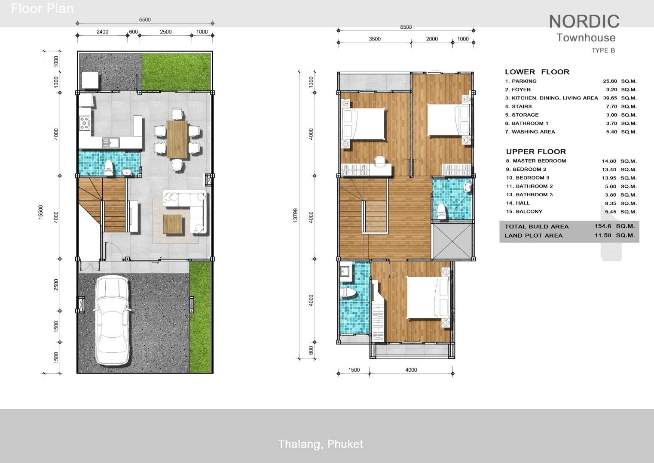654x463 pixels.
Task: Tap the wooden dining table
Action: (177, 139)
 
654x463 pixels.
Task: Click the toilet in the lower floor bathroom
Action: (109, 167)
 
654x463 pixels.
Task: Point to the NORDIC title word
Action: (584, 21)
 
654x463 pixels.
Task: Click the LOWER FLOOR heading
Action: (537, 72)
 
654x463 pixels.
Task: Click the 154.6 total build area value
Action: (602, 226)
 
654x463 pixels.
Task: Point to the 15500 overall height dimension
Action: (41, 212)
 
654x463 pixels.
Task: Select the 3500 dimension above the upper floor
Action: (374, 39)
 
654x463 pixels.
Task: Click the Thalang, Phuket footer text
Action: (321, 444)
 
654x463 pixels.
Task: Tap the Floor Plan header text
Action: (42, 8)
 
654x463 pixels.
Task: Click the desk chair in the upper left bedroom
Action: (380, 161)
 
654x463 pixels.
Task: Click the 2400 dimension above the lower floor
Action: (102, 31)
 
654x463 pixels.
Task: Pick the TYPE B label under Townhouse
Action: (603, 50)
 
